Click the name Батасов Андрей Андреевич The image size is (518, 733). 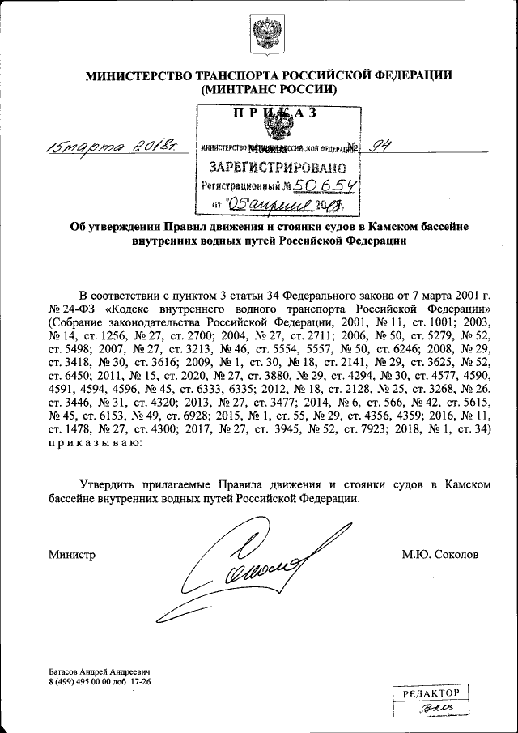pos(100,673)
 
